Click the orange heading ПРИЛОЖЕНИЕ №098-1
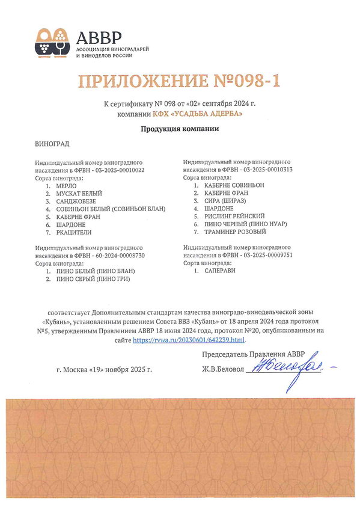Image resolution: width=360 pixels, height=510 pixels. tap(179, 81)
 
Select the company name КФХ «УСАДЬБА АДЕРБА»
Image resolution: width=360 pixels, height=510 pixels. tap(203, 114)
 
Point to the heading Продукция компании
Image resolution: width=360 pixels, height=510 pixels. tap(179, 129)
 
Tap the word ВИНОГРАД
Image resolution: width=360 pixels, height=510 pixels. tap(53, 145)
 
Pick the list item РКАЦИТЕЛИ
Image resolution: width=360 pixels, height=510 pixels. tap(73, 232)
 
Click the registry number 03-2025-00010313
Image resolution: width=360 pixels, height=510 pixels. tap(265, 170)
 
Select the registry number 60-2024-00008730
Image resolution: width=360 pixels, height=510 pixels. tap(118, 256)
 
